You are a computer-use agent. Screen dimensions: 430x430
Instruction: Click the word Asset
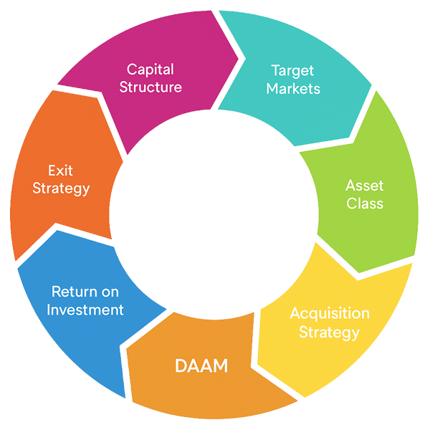coord(365,185)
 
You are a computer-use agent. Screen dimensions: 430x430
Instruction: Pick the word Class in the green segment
coord(365,204)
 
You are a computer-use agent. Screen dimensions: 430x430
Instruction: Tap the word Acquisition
coord(330,314)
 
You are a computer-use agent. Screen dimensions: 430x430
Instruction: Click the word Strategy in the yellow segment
coord(329,332)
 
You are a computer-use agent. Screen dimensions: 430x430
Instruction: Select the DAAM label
coord(201,367)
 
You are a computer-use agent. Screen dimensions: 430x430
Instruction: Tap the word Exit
coord(61,171)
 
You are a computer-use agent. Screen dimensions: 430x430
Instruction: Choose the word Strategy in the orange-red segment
coord(61,188)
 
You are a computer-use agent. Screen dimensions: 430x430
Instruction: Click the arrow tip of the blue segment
coord(126,398)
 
